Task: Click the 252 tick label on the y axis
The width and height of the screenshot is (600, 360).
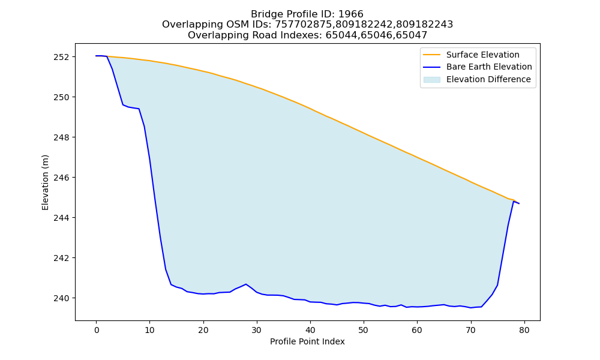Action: coord(62,57)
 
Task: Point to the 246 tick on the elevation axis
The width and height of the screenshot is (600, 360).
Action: coord(62,178)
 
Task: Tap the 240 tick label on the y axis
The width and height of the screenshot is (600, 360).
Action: coord(62,298)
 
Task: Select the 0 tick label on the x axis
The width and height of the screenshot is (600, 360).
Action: coord(97,330)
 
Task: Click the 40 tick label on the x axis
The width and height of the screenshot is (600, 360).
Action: coord(310,330)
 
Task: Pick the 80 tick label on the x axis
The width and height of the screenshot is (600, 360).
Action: coord(524,330)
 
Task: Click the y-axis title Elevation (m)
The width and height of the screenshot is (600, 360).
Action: coord(45,182)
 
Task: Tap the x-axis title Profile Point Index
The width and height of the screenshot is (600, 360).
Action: coord(307,341)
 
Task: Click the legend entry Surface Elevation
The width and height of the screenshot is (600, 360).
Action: coord(482,55)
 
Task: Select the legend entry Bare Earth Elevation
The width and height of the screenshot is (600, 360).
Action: coord(489,67)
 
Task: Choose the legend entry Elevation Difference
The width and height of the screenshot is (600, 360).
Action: coord(488,79)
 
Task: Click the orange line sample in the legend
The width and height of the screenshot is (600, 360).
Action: coord(431,55)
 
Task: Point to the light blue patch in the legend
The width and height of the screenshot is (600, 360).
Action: coord(431,80)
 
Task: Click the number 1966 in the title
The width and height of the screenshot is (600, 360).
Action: coord(351,14)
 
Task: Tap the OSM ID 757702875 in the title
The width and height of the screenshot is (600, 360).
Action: coord(304,25)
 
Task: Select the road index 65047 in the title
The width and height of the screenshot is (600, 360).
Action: coord(413,35)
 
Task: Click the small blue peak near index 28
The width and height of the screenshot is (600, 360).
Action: coord(245,284)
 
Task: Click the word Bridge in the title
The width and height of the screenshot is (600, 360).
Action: coord(265,14)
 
